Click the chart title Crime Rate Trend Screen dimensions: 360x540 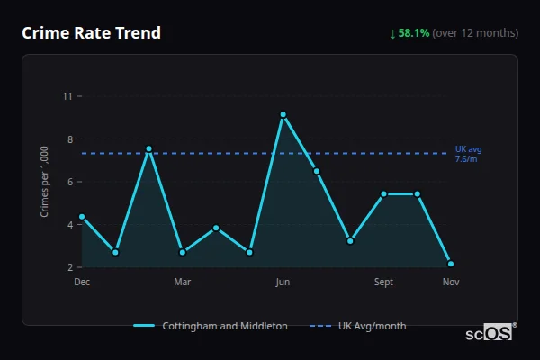[x=91, y=33]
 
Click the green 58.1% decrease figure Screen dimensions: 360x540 [x=414, y=33]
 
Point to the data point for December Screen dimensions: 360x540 [x=82, y=217]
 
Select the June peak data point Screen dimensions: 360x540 [x=283, y=115]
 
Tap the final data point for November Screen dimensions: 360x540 [x=450, y=264]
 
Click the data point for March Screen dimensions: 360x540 [x=183, y=252]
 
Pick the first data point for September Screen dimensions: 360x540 [x=383, y=193]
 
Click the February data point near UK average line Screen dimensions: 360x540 [x=148, y=148]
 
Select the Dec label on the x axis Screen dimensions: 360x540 [x=82, y=283]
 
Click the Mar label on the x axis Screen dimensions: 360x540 [x=183, y=283]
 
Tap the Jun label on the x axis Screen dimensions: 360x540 [x=283, y=283]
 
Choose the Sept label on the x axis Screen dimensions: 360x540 [x=383, y=283]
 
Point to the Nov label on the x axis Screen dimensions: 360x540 [x=450, y=283]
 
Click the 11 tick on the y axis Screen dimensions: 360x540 [x=67, y=96]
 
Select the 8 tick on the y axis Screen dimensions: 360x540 [x=69, y=139]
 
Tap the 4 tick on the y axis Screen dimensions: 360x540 [x=69, y=225]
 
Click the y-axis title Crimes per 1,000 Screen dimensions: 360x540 [x=44, y=182]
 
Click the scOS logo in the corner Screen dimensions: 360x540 [x=488, y=333]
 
